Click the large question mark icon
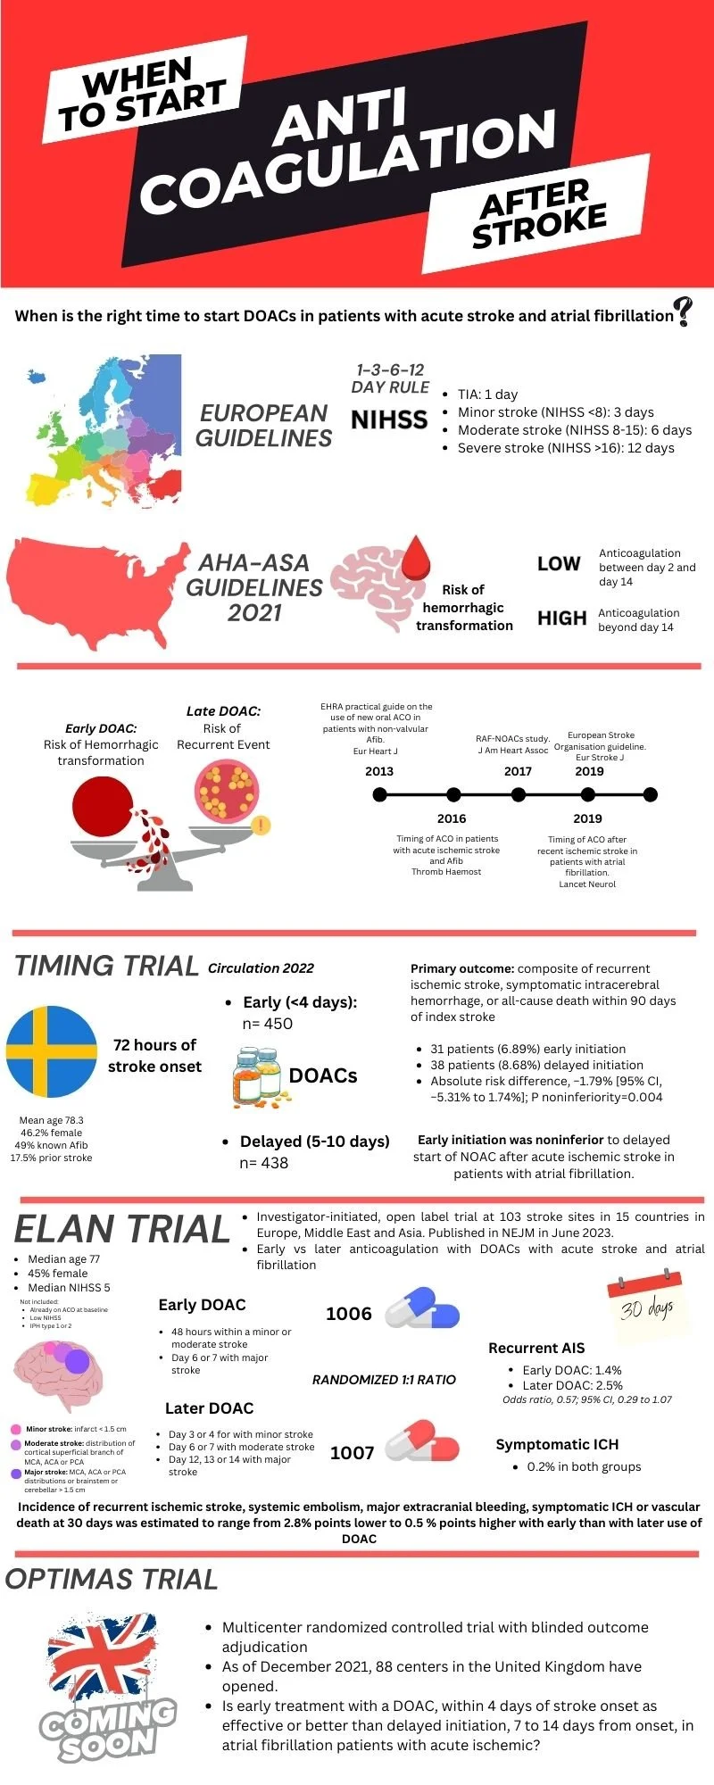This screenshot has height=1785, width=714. click(x=684, y=311)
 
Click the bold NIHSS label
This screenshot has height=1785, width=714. click(x=389, y=419)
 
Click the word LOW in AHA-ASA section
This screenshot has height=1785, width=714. click(x=559, y=564)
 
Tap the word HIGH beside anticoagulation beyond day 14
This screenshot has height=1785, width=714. click(x=561, y=619)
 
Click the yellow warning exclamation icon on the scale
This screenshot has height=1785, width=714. click(x=260, y=826)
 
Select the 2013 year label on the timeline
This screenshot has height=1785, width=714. click(x=379, y=771)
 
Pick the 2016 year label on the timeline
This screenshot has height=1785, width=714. click(x=452, y=818)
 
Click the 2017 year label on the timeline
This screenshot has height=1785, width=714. click(x=518, y=771)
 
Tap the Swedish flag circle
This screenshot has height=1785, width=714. click(x=52, y=1051)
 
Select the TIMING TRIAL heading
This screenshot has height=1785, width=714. click(x=106, y=966)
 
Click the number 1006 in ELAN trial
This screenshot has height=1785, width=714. click(x=349, y=1314)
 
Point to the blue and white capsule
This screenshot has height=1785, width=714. click(x=422, y=1309)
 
